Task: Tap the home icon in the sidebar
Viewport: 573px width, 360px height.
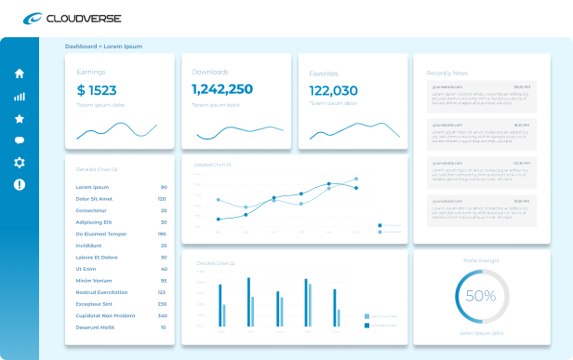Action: [20, 73]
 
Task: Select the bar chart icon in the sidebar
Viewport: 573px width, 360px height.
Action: [20, 96]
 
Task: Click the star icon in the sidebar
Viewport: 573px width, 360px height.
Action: [20, 118]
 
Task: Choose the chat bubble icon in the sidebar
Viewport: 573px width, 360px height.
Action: [20, 140]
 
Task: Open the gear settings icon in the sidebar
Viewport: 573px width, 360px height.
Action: [20, 163]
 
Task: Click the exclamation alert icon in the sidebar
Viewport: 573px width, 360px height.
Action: [20, 184]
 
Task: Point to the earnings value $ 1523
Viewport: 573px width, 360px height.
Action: [97, 90]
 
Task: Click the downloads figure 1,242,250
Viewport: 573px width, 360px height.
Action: [222, 89]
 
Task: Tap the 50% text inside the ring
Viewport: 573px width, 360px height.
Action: [481, 297]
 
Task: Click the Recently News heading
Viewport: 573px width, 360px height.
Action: [447, 73]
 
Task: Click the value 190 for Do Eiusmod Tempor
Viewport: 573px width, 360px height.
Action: [162, 233]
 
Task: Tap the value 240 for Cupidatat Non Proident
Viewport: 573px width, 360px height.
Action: [162, 315]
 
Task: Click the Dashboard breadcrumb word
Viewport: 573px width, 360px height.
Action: [81, 46]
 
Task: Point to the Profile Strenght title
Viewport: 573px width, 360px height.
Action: [481, 260]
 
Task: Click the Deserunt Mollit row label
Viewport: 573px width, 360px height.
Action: [94, 327]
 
